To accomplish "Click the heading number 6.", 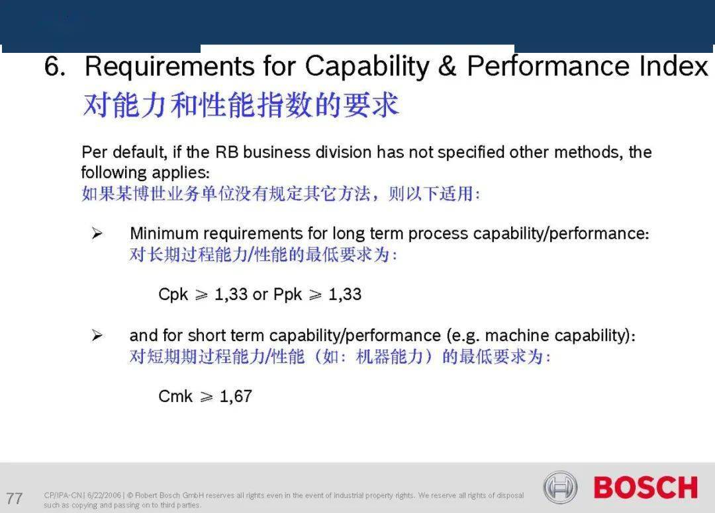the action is (55, 67).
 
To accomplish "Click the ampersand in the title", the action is (447, 65).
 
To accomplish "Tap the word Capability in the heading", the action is (367, 67).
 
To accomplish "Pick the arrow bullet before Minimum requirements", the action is (97, 233).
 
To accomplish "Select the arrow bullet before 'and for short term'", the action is (97, 335).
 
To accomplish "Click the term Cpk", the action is (173, 295).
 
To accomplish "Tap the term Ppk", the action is (287, 295).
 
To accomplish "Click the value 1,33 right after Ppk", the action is (345, 294).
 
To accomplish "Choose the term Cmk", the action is (175, 396).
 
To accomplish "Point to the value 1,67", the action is (236, 397).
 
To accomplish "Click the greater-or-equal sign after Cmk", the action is (206, 397).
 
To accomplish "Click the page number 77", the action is (14, 498).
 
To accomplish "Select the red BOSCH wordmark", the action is (645, 487).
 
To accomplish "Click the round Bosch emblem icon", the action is (560, 487).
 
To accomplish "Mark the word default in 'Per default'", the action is (140, 152).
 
